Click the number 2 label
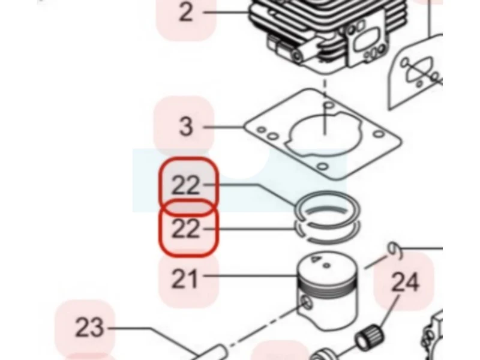point(186,12)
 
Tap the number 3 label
point(186,126)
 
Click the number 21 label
point(184,278)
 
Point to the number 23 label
point(89,327)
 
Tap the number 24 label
point(405,282)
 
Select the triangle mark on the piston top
point(314,259)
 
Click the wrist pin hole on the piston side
point(306,303)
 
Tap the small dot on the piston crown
point(327,266)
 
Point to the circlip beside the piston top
point(395,250)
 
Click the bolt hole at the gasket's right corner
point(379,134)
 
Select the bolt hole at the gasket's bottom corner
point(322,167)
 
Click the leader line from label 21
point(251,276)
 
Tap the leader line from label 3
point(224,127)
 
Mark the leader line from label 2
point(227,12)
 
